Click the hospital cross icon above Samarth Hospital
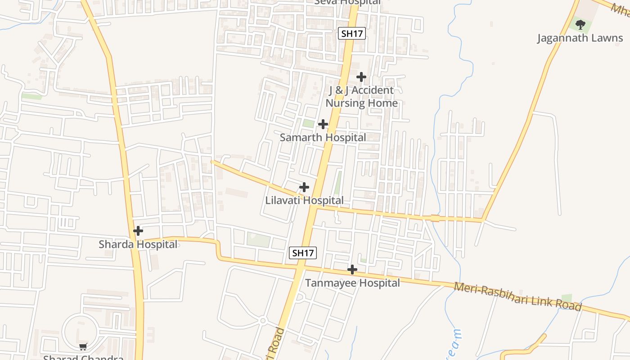click(x=323, y=124)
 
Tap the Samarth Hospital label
click(x=323, y=137)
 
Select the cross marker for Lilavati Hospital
click(x=304, y=187)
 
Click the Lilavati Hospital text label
click(x=304, y=200)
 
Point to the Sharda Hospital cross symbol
click(x=138, y=231)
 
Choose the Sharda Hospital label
click(x=138, y=244)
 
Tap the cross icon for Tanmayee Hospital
click(x=352, y=270)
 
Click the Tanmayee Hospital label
click(x=352, y=283)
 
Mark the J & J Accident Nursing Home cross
click(x=361, y=76)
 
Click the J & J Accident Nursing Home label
click(x=361, y=96)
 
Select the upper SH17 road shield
click(x=351, y=33)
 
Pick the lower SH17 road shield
click(x=302, y=253)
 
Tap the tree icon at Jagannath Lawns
click(x=580, y=24)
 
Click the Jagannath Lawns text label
click(x=580, y=38)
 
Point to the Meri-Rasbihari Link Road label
click(x=517, y=297)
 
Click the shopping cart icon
click(x=83, y=346)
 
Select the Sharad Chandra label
click(x=83, y=358)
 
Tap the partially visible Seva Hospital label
click(x=347, y=2)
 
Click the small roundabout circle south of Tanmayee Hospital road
click(x=262, y=320)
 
